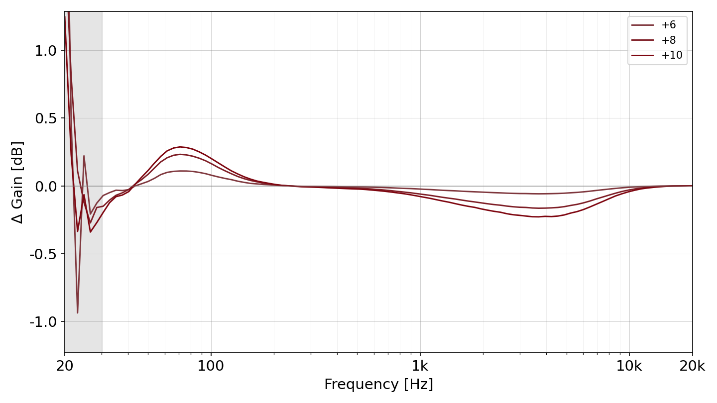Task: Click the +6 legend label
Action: pyautogui.click(x=669, y=25)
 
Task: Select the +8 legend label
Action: pyautogui.click(x=669, y=40)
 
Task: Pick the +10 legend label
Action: pyautogui.click(x=672, y=55)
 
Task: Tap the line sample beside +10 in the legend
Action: pyautogui.click(x=642, y=56)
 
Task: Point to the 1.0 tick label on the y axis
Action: pyautogui.click(x=45, y=51)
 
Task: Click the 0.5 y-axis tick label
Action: pyautogui.click(x=45, y=118)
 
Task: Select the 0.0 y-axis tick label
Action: pyautogui.click(x=45, y=187)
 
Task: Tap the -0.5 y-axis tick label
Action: pyautogui.click(x=43, y=254)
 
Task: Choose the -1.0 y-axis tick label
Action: pyautogui.click(x=43, y=322)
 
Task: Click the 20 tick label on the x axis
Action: pyautogui.click(x=65, y=366)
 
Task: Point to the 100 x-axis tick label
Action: pyautogui.click(x=211, y=366)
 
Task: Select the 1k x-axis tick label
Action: pyautogui.click(x=420, y=366)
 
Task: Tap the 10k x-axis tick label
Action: pyautogui.click(x=629, y=366)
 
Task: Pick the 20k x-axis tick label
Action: pyautogui.click(x=692, y=366)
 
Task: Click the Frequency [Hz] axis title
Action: pyautogui.click(x=378, y=385)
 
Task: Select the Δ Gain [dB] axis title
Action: pyautogui.click(x=17, y=182)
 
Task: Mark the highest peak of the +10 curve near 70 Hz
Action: pyautogui.click(x=181, y=147)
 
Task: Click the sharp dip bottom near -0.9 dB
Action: pyautogui.click(x=78, y=313)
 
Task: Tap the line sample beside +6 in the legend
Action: pyautogui.click(x=642, y=25)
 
